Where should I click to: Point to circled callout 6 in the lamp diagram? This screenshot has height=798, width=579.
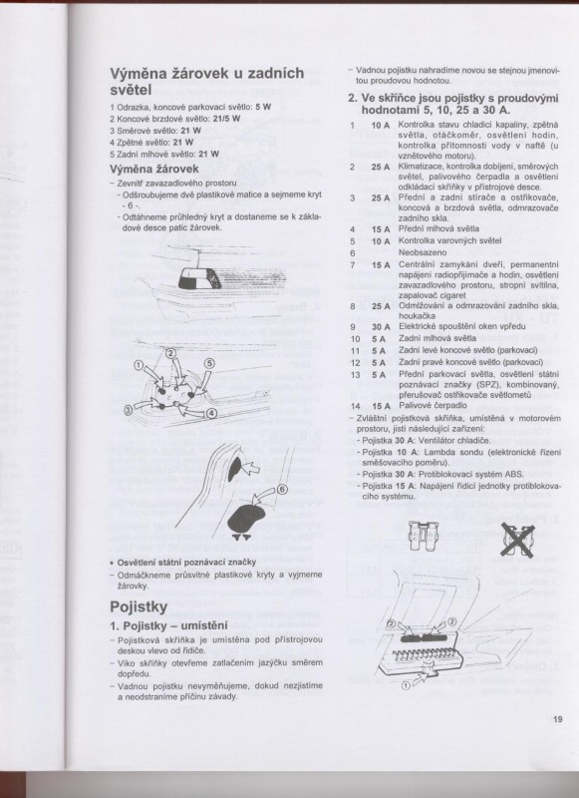(281, 489)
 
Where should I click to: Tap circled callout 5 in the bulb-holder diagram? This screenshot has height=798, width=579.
(210, 363)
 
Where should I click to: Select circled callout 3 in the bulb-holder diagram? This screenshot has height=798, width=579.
(127, 409)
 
